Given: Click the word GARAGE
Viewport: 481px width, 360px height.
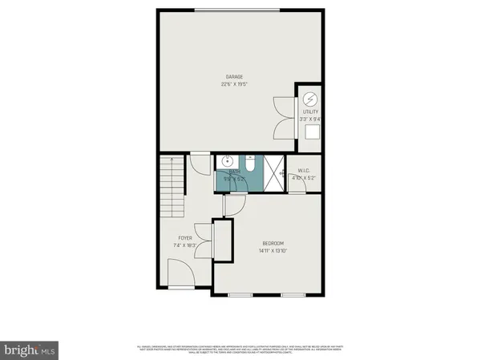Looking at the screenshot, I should coord(233,77).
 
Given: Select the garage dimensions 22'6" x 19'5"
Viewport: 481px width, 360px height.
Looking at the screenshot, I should coord(233,83).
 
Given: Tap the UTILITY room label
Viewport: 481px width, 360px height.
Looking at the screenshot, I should coord(309,112).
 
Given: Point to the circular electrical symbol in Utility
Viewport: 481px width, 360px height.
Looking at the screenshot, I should coord(310,99).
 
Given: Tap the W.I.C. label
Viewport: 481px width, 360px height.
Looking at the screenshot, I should coord(304,170).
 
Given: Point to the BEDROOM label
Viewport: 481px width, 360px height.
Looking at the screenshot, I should coord(273,244).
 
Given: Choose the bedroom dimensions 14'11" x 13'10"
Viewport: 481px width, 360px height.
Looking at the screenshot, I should coord(273,251).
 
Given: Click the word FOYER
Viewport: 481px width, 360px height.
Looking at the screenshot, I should coord(185,238).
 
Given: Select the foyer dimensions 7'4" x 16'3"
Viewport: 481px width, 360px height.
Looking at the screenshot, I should coord(185,245).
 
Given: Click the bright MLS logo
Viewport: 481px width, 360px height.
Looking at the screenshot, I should coord(30,350).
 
